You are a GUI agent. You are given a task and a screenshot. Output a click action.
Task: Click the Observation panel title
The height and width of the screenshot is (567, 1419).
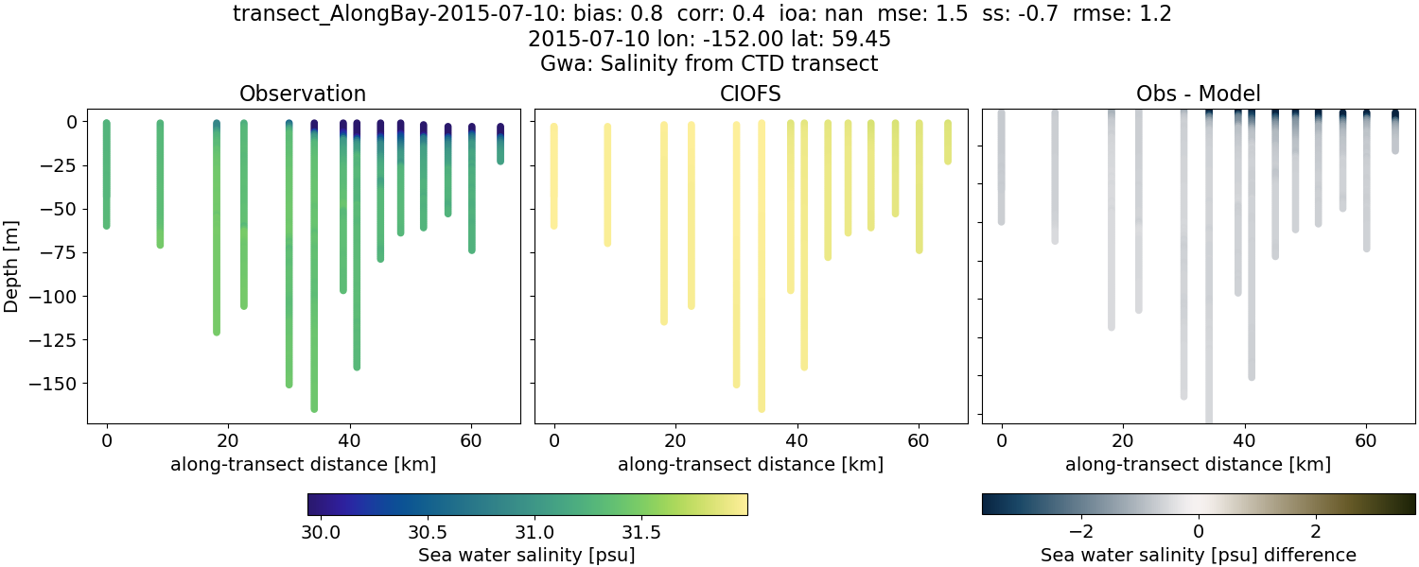[303, 94]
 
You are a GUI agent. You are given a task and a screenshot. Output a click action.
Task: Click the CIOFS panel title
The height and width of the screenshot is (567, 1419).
[751, 94]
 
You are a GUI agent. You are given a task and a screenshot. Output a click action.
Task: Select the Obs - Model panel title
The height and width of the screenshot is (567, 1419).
[1198, 94]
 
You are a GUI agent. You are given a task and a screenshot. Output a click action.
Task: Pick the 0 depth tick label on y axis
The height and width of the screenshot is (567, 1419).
[73, 122]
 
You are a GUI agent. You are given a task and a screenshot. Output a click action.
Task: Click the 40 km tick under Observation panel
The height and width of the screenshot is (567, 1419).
[349, 440]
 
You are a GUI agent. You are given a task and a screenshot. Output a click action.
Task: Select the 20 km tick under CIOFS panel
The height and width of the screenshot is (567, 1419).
[675, 440]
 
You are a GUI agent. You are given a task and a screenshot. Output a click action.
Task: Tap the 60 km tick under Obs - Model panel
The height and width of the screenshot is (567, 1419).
[1365, 440]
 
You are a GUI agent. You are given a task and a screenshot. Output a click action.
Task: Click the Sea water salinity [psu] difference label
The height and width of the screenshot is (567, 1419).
[1198, 555]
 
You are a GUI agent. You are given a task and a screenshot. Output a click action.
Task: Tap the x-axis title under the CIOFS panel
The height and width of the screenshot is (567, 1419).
[751, 464]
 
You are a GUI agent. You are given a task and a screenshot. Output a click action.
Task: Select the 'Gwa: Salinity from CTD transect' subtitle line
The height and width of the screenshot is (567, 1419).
[709, 64]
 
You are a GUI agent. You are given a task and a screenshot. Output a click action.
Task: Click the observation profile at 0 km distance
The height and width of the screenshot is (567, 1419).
[107, 175]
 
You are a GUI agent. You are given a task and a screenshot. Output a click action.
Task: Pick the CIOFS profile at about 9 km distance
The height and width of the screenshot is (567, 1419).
[607, 184]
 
